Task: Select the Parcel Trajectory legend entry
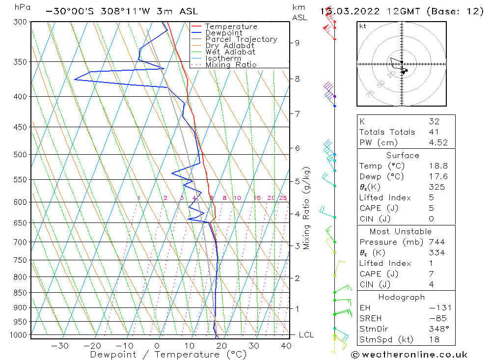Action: pyautogui.click(x=241, y=39)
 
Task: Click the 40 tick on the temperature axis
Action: pyautogui.click(x=286, y=346)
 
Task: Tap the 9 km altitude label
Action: pyautogui.click(x=297, y=43)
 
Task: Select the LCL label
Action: pyautogui.click(x=306, y=335)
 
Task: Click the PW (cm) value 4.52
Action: pyautogui.click(x=434, y=142)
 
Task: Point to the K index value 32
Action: pyautogui.click(x=434, y=121)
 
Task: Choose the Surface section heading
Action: pyautogui.click(x=403, y=155)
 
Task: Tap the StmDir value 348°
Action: pyautogui.click(x=435, y=329)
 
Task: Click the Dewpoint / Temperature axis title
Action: pyautogui.click(x=168, y=354)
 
